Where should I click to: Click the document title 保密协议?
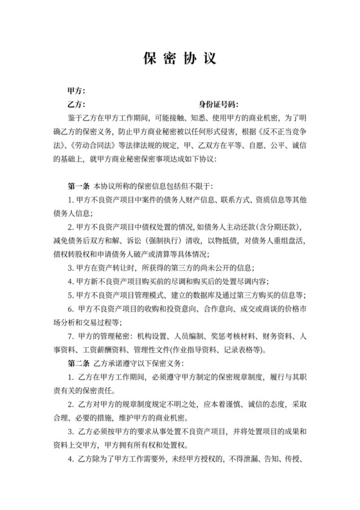(x=179, y=57)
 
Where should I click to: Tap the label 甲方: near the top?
(x=76, y=91)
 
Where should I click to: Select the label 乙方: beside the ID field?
(x=76, y=104)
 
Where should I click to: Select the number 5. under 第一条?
(x=71, y=293)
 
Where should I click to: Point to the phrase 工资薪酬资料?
(x=104, y=351)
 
